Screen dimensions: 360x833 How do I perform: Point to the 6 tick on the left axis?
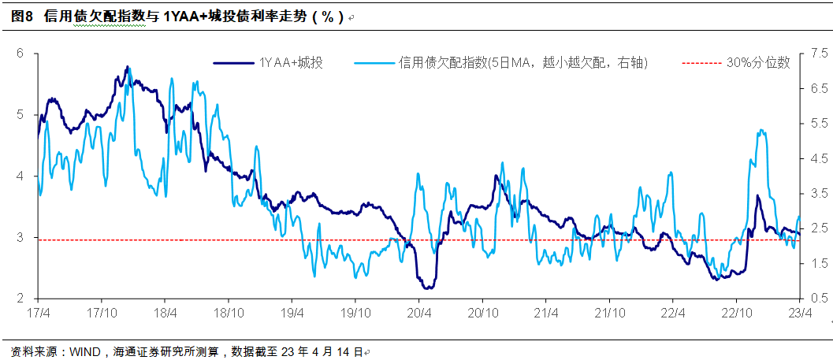pos(21,53)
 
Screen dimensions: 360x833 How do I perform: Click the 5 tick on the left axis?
pos(21,114)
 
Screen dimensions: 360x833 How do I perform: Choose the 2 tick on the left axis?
pos(21,299)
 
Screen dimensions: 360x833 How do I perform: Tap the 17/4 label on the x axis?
pos(37,313)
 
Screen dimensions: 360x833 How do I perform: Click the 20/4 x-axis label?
pos(418,313)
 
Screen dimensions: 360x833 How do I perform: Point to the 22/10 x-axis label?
pos(736,313)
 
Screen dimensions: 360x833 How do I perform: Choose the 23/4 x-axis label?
pos(800,313)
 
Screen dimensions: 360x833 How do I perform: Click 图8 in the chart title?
pos(21,17)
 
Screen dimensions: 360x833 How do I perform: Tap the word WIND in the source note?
pos(84,351)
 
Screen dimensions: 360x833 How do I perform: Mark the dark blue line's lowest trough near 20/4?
pos(426,288)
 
